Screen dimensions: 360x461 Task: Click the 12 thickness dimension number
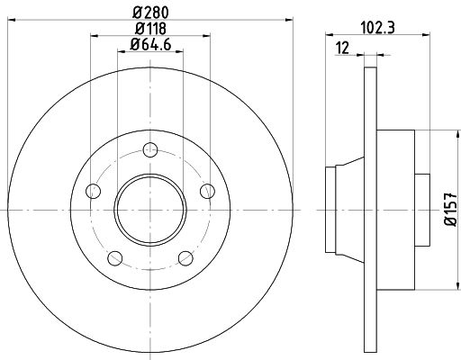point(341,47)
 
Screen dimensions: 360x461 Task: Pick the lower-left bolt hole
point(114,259)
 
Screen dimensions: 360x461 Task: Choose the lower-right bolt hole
point(185,259)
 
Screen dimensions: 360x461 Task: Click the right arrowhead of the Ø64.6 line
point(180,51)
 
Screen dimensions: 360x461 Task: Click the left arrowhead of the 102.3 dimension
point(326,37)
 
